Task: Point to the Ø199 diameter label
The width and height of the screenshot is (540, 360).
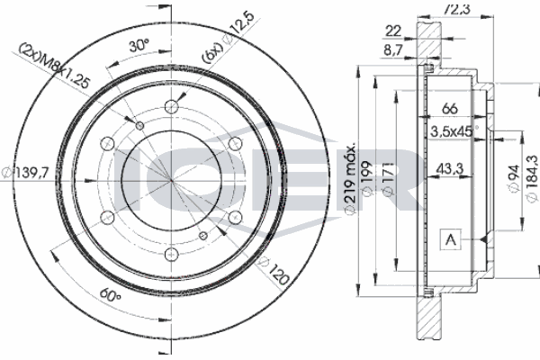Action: (x=369, y=180)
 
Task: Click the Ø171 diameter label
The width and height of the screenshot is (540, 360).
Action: (x=388, y=180)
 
